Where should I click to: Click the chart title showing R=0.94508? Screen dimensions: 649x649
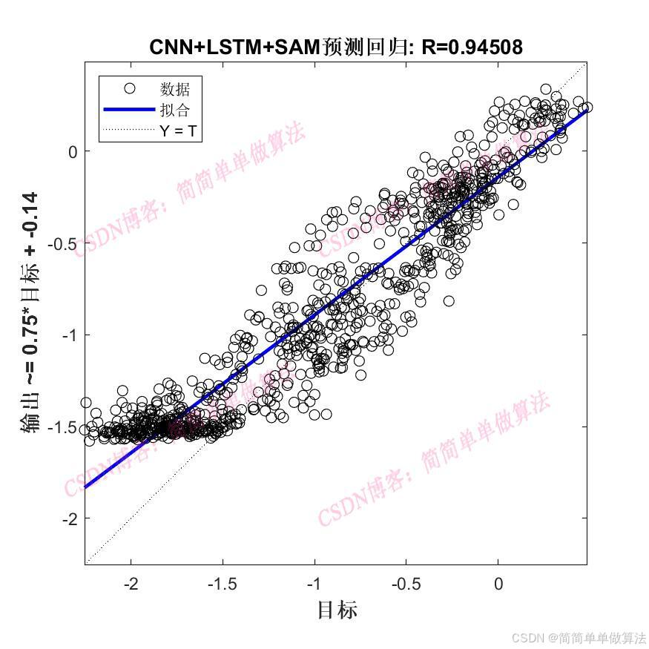tap(336, 47)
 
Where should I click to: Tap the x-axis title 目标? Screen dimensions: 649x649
tap(337, 610)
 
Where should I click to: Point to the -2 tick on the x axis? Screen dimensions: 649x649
tap(131, 584)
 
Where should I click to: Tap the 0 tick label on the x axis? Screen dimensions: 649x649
tap(498, 584)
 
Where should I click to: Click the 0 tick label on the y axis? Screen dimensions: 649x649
tap(73, 151)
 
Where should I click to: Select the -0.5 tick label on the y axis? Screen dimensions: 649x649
tap(64, 243)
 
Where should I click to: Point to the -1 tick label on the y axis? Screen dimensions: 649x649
tap(70, 335)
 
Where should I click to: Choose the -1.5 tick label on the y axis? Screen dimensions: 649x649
tap(64, 427)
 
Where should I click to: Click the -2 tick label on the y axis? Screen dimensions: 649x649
tap(70, 519)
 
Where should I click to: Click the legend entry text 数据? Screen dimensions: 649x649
tap(175, 90)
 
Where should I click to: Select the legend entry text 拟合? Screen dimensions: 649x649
tap(175, 111)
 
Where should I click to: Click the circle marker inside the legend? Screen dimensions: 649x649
tap(129, 89)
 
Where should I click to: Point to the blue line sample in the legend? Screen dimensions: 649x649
tap(129, 111)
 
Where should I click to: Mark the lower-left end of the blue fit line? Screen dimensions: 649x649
tap(87, 487)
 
